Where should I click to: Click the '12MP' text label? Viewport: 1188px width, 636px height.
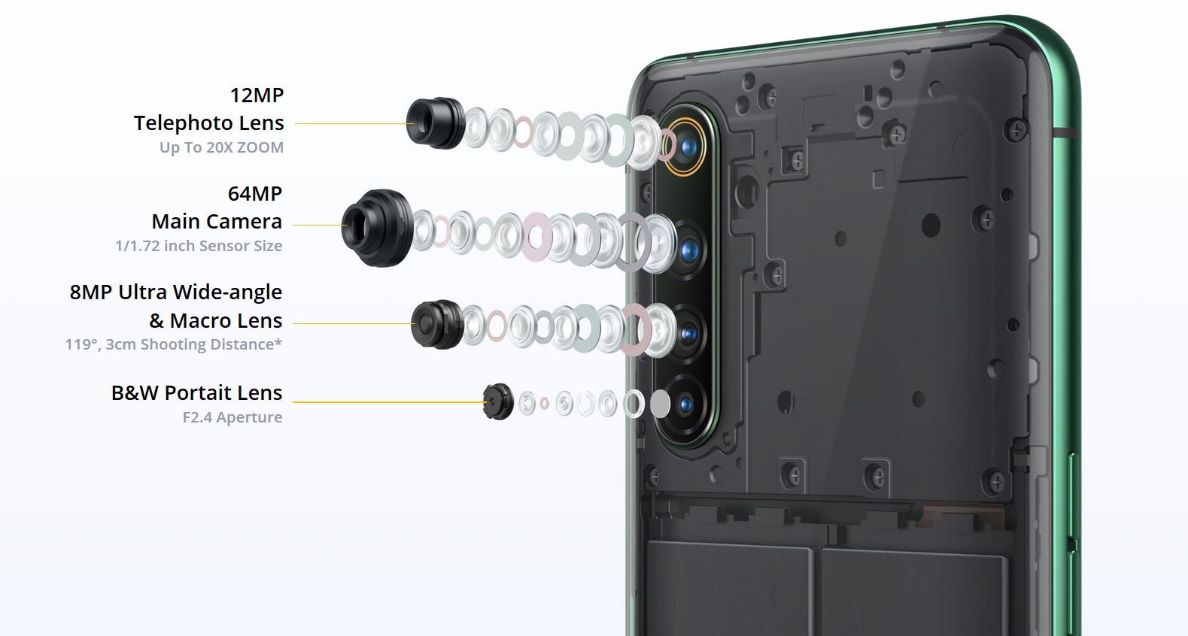coord(257,96)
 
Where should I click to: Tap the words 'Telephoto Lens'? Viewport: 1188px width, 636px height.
coord(209,123)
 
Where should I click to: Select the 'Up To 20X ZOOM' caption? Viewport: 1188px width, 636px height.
coord(222,147)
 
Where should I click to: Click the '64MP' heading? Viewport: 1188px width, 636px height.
coord(255,194)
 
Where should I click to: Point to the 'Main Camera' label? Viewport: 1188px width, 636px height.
coord(217,222)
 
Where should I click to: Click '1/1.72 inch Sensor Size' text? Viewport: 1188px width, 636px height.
coord(199,246)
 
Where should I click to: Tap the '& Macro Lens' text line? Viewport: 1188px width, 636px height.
coord(215,321)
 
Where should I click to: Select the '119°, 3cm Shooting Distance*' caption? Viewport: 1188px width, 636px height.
coord(174,344)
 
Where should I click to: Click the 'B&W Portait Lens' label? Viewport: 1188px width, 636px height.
coord(197,392)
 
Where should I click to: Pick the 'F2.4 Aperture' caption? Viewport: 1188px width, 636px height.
coord(232,417)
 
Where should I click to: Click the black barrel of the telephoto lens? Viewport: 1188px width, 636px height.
coord(436,123)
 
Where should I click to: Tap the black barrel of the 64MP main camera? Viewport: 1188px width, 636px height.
coord(378,228)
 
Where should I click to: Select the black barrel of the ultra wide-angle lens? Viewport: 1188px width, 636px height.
coord(438,324)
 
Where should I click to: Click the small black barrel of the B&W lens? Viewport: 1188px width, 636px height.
coord(498,401)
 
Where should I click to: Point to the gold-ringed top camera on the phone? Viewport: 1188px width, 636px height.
coord(685,147)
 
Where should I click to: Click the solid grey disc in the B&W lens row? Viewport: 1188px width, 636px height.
coord(661,404)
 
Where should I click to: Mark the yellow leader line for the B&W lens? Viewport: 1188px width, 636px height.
coord(388,401)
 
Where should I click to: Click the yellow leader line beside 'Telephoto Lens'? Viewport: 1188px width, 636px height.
coord(354,123)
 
